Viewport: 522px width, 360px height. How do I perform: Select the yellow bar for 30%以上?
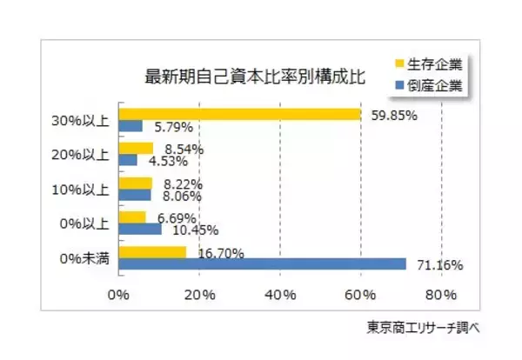coord(239,114)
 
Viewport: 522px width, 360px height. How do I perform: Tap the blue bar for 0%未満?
coord(262,263)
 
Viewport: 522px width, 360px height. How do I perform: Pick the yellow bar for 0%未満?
coord(152,252)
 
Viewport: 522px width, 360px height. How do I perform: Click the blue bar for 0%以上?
coord(139,229)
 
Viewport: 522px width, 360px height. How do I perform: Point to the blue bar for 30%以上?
coord(130,126)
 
